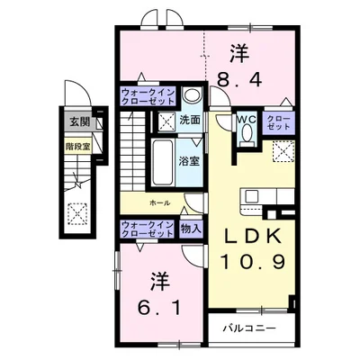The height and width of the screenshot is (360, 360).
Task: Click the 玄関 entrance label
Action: [79, 122]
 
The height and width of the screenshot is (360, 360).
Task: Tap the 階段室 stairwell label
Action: [78, 147]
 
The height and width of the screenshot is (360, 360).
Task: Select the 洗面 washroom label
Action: [190, 121]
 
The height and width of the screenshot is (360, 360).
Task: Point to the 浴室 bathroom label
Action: [189, 161]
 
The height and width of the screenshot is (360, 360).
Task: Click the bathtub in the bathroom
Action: [162, 163]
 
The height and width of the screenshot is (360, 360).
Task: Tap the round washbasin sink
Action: [192, 95]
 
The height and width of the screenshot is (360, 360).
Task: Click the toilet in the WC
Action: [247, 134]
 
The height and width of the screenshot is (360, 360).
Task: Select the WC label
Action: [247, 120]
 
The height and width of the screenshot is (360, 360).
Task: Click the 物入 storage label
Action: [191, 229]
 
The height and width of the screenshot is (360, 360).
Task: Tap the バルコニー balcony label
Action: [249, 328]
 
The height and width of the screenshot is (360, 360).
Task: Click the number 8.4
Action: [239, 80]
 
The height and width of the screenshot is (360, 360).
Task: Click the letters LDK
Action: [253, 237]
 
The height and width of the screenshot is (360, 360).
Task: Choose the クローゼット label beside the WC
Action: [278, 122]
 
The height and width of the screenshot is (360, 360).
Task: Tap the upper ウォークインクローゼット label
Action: [148, 96]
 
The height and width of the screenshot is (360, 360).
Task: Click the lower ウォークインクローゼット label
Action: [148, 229]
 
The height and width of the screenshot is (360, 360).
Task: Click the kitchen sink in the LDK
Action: [250, 196]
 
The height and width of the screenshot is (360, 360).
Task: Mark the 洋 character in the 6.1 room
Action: [160, 282]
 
